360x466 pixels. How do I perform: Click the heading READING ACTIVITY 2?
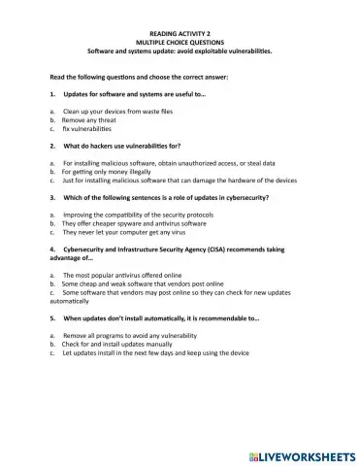point(179,32)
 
